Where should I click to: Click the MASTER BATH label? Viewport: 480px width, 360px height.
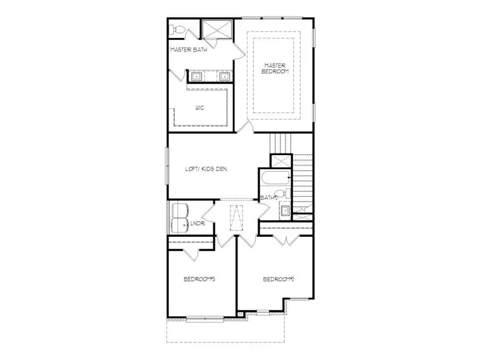click(189, 50)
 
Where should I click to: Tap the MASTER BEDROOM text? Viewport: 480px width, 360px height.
click(276, 68)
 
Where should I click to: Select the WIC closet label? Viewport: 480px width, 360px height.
click(200, 107)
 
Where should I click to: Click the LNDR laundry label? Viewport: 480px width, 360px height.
click(197, 223)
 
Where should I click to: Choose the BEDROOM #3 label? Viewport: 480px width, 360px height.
click(199, 279)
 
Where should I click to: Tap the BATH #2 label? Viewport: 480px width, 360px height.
click(270, 198)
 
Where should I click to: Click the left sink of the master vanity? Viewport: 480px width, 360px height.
click(196, 77)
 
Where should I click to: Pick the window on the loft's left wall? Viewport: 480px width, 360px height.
click(168, 166)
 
